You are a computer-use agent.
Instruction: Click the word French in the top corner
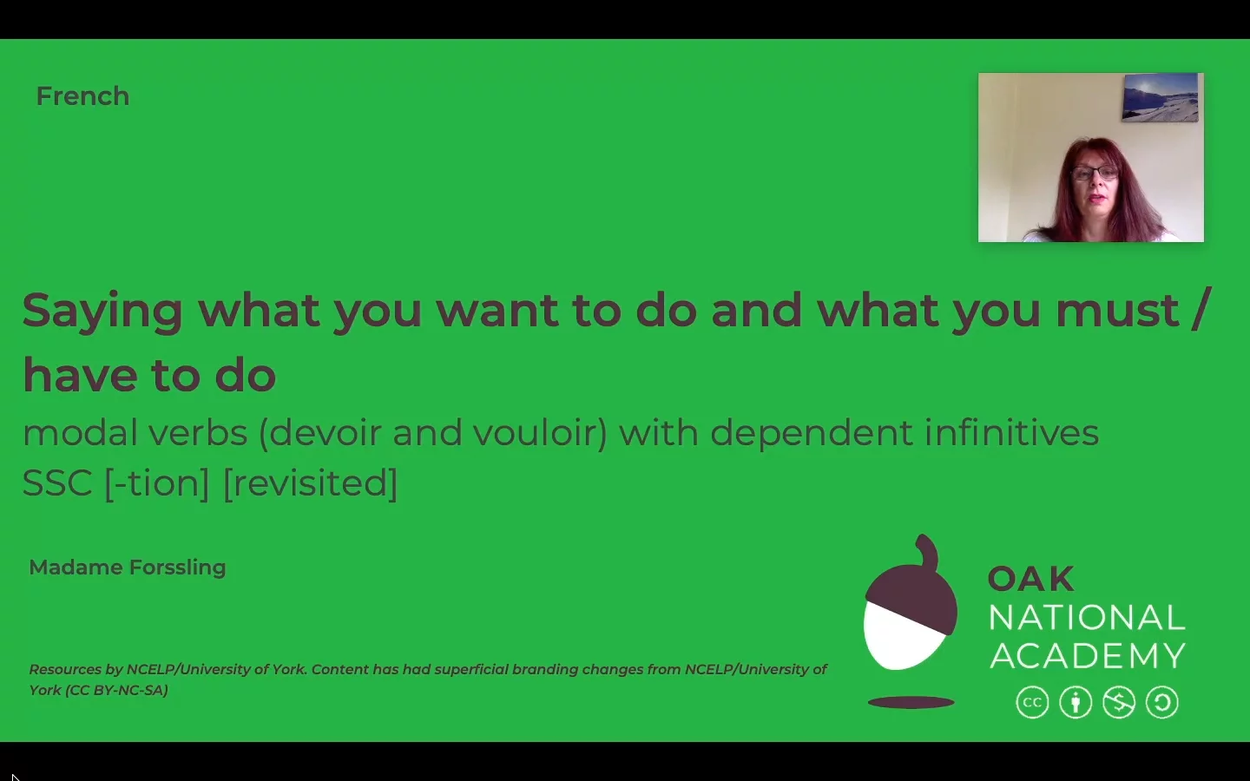point(82,96)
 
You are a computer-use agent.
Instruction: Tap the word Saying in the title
point(102,312)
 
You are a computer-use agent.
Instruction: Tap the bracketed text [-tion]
point(157,483)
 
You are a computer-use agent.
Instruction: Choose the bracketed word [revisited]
point(310,483)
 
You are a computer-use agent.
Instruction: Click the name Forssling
point(177,568)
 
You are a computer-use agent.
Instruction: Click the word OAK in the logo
point(1030,579)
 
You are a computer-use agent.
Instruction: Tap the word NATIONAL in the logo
point(1087,618)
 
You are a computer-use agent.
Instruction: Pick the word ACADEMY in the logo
point(1088,656)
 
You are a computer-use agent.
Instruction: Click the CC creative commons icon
point(1032,703)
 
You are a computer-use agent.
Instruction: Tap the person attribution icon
point(1076,703)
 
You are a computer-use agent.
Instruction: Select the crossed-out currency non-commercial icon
point(1119,703)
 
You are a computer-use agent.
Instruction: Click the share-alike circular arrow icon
point(1162,703)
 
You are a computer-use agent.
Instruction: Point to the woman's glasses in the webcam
point(1094,173)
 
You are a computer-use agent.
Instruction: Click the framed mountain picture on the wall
point(1160,97)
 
